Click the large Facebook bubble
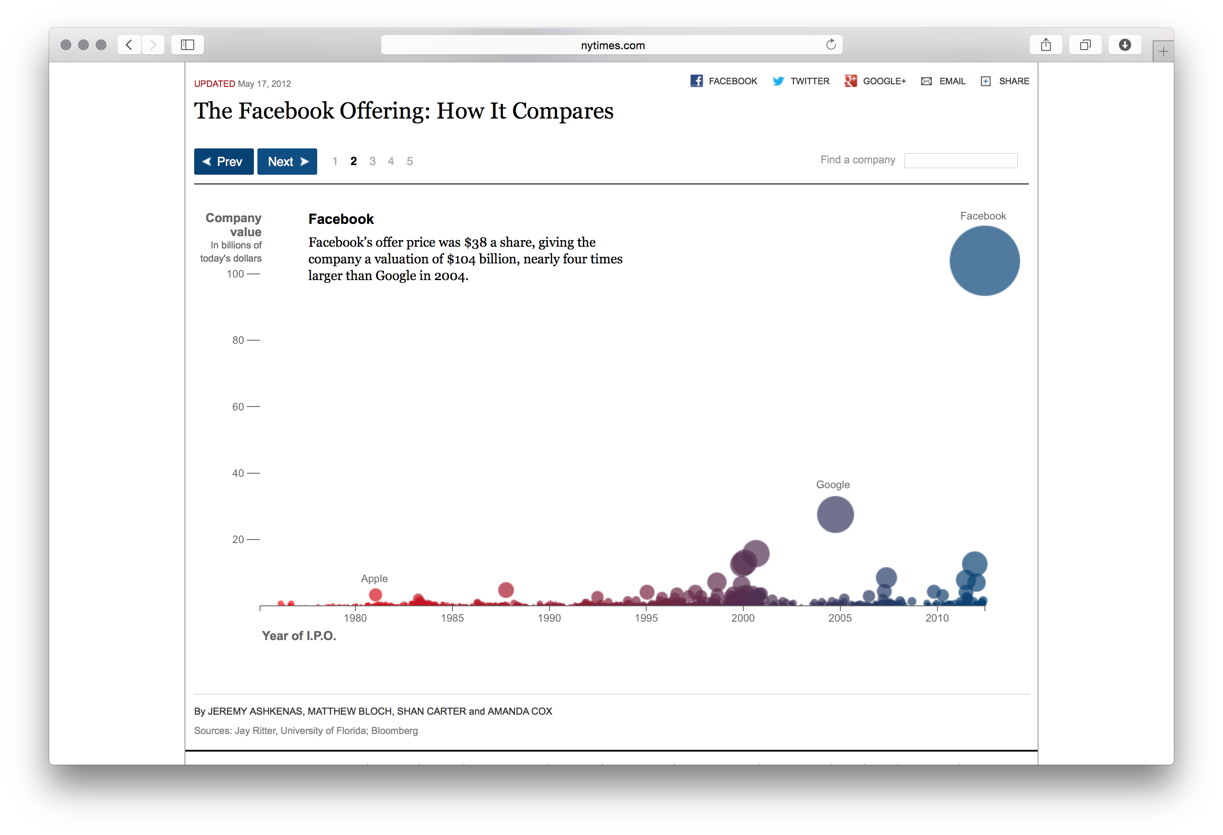coord(984,261)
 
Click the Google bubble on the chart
coord(835,514)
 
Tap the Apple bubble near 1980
coord(375,595)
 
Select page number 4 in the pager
coord(391,162)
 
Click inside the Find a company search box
coord(960,160)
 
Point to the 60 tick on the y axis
coord(253,407)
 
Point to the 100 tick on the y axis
coord(253,274)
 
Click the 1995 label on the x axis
coord(646,618)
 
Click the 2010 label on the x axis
coord(937,618)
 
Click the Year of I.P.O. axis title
coord(299,636)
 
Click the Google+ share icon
coord(850,81)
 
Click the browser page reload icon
coord(830,45)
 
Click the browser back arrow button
coord(129,45)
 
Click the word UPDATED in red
coord(214,83)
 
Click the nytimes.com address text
coord(612,45)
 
